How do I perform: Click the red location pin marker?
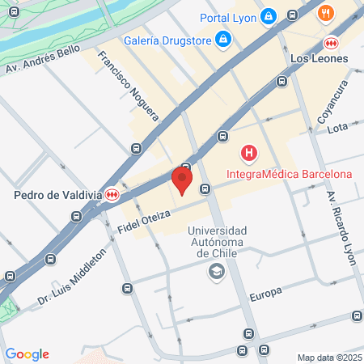183,180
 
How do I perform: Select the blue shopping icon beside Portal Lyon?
269,16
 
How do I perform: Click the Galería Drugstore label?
167,40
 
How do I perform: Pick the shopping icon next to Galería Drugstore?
223,40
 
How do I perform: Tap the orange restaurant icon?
326,12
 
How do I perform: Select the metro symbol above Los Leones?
330,43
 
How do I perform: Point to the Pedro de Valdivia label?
58,194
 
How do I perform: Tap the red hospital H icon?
249,152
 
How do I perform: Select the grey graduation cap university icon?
217,273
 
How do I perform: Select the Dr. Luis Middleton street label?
72,277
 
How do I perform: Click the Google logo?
28,353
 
